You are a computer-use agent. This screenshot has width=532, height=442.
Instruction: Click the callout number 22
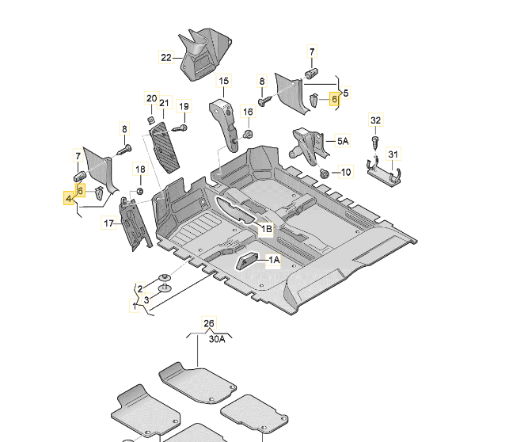(165, 57)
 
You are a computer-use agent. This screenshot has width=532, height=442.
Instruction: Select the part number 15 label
(223, 81)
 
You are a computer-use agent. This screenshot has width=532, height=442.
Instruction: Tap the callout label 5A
(342, 141)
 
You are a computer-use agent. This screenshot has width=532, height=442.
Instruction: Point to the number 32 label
(376, 120)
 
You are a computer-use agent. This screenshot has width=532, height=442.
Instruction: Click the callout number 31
(393, 154)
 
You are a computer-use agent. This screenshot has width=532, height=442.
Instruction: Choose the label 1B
(266, 229)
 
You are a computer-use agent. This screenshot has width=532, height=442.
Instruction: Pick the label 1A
(274, 260)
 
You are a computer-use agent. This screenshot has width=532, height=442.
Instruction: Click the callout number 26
(209, 323)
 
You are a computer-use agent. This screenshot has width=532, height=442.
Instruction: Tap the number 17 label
(108, 224)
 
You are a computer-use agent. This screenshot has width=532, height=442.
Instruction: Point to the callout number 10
(345, 172)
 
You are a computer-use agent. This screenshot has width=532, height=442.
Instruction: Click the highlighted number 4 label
(69, 198)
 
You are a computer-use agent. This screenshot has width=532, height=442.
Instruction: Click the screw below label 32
(376, 143)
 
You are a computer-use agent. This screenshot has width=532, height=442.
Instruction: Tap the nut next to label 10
(324, 173)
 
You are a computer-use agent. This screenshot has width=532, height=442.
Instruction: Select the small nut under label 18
(140, 191)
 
